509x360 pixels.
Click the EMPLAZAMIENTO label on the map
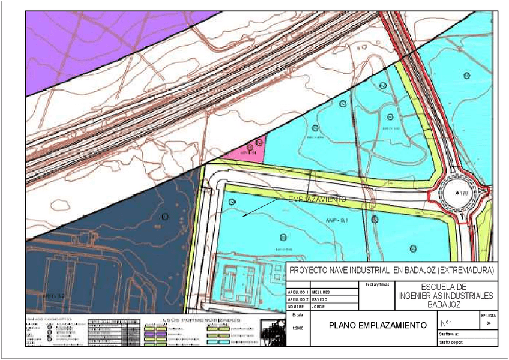pos(316,199)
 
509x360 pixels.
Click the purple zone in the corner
pos(90,36)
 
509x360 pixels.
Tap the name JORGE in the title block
pos(318,306)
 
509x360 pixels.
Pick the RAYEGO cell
pos(321,299)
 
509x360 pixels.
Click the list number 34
pos(488,323)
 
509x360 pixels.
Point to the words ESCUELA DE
pos(445,287)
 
